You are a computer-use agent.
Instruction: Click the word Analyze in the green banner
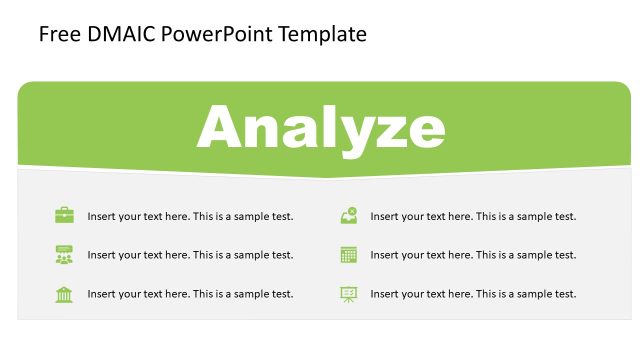click(321, 128)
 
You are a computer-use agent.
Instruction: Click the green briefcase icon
click(64, 215)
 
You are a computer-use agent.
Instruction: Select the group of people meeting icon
click(64, 254)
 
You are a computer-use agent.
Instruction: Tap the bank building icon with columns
click(64, 293)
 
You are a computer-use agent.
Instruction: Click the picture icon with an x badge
click(349, 215)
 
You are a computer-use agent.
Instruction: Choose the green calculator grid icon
click(349, 254)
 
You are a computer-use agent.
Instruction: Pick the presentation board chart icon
click(349, 293)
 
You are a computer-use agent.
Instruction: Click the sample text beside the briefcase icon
click(190, 216)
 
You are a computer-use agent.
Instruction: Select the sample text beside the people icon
click(190, 255)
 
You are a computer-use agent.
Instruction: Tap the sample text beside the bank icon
click(190, 294)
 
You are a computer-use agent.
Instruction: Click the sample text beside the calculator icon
click(473, 255)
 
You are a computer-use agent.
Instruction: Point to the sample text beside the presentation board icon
click(473, 294)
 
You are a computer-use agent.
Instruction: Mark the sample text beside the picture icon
click(473, 216)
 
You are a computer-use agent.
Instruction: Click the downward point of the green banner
click(325, 177)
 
